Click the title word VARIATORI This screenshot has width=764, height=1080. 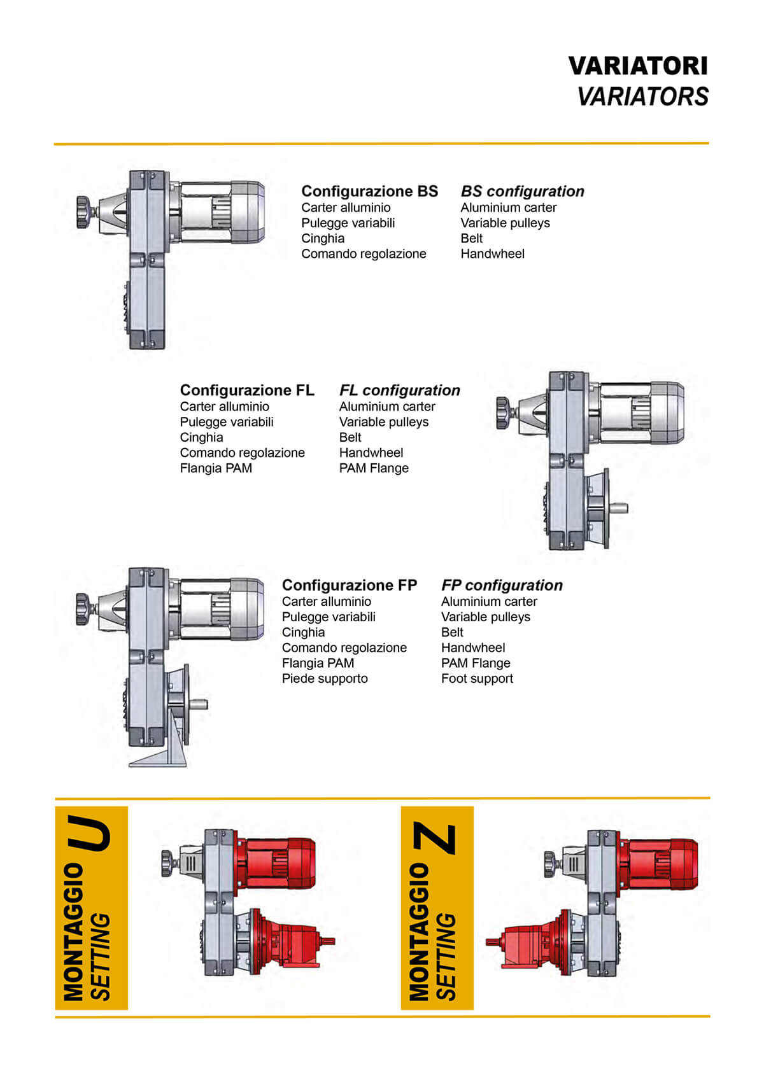638,66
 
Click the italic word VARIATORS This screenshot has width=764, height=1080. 643,97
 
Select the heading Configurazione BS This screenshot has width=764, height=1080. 369,192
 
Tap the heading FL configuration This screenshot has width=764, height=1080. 399,390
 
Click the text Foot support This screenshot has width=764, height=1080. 476,678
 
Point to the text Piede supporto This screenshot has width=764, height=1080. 325,678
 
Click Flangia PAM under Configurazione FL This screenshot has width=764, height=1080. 216,468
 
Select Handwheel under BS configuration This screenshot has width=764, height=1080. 492,253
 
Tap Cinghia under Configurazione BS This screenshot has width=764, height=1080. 323,238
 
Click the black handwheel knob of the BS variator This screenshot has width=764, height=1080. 84,212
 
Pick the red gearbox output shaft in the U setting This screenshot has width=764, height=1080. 327,941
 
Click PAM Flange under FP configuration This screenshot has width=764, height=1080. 476,663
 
